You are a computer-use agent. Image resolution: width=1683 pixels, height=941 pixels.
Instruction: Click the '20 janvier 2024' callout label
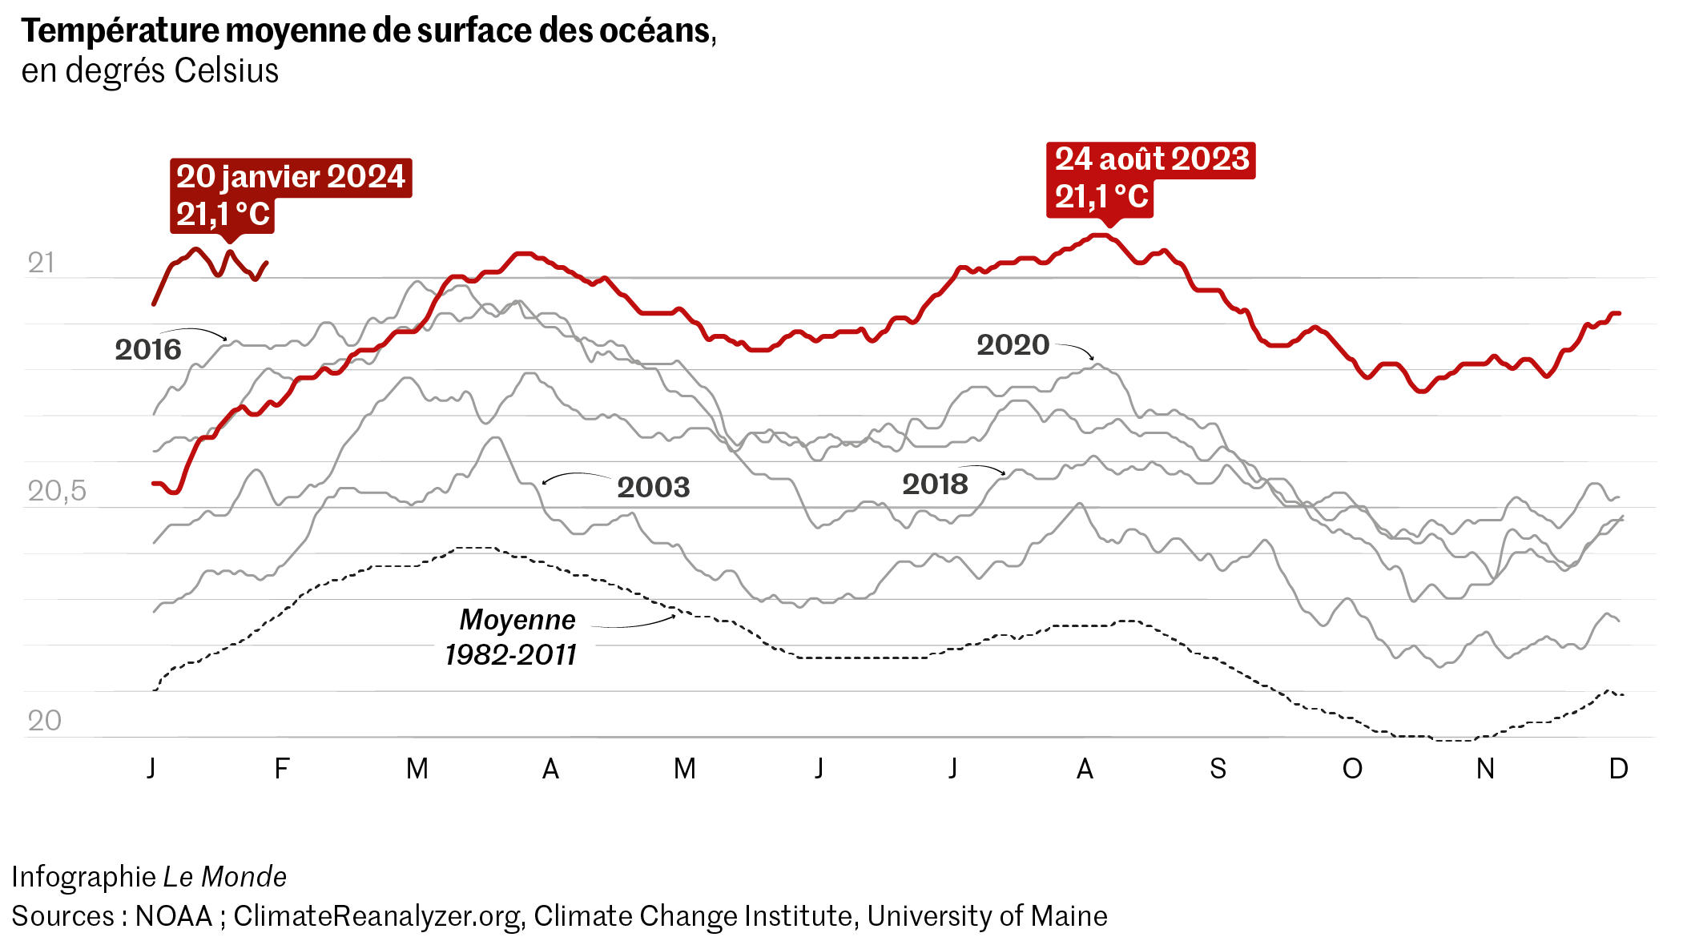(290, 177)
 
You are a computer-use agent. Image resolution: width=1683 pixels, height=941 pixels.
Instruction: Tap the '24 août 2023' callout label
(1151, 159)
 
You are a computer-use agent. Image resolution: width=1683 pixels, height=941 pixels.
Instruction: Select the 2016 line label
(148, 350)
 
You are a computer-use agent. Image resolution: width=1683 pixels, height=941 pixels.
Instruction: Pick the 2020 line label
(1013, 345)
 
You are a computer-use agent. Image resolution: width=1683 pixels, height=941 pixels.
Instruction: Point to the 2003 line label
(653, 487)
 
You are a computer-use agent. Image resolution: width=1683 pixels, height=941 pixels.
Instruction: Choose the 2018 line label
(935, 485)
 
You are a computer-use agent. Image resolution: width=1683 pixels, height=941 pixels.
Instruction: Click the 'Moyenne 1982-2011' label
(513, 637)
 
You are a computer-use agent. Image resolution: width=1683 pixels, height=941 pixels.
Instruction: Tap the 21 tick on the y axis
(41, 263)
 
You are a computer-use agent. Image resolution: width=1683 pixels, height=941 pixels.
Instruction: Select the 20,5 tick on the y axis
(56, 491)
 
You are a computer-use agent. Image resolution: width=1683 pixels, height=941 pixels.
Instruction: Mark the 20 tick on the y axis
(44, 721)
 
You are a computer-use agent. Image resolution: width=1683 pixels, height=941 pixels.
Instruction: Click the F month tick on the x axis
(281, 769)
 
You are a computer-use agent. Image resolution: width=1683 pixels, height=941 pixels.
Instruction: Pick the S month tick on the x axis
(1218, 769)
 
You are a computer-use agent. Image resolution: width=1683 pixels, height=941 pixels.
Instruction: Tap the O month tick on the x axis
(1352, 769)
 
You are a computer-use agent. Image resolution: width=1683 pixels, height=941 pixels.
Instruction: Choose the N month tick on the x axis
(1485, 769)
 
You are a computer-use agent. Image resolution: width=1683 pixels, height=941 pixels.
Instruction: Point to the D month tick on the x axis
(1618, 769)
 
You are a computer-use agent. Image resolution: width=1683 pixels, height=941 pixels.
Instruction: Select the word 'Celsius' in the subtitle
(226, 71)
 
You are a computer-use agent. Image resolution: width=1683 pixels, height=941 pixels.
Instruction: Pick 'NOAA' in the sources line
(174, 916)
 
